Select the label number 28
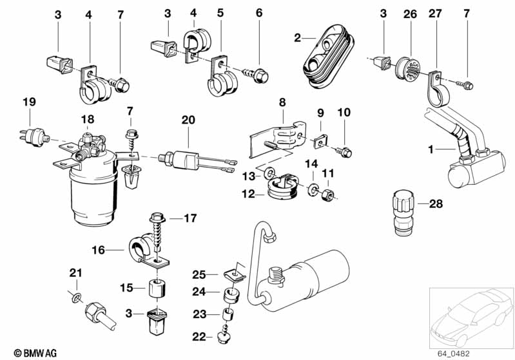pyautogui.click(x=436, y=204)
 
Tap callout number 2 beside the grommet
pyautogui.click(x=297, y=39)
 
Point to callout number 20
pyautogui.click(x=188, y=119)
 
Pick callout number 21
pyautogui.click(x=75, y=273)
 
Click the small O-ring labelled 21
pyautogui.click(x=76, y=298)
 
